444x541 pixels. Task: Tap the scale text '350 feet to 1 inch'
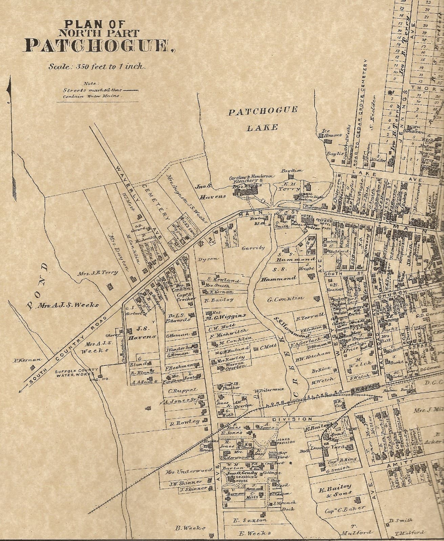[97, 67]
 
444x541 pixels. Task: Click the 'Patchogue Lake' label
[262, 119]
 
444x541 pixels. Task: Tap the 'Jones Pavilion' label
[284, 440]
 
